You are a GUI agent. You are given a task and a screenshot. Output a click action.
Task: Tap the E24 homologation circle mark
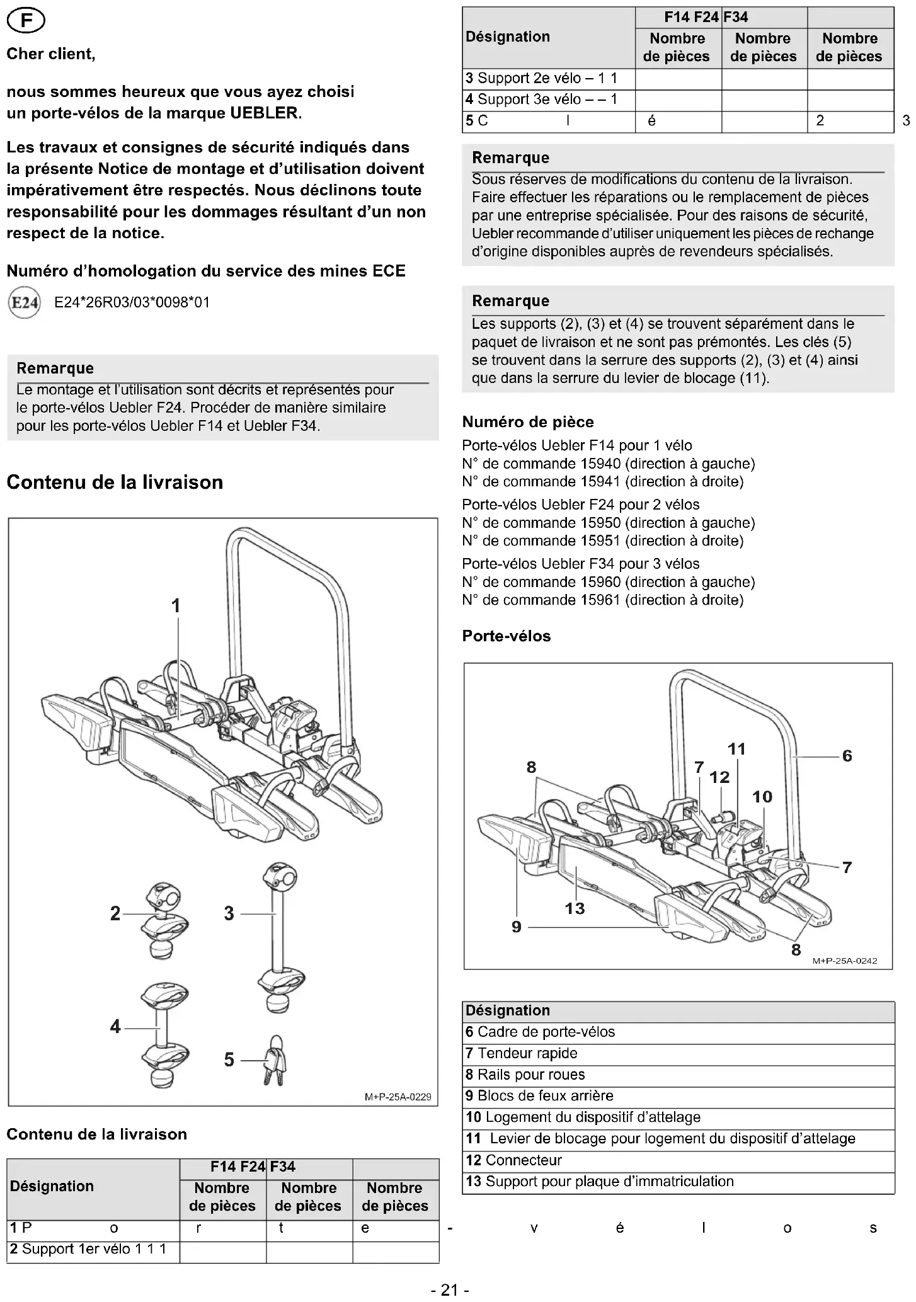point(25,303)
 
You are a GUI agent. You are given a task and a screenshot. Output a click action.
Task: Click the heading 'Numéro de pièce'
point(528,422)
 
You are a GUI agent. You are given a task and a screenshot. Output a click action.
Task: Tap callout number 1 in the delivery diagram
point(176,606)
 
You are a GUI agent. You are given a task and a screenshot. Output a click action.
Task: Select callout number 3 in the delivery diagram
point(229,913)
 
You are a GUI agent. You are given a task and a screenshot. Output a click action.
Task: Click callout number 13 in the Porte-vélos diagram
point(575,908)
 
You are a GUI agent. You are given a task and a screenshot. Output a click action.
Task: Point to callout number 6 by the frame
point(847,756)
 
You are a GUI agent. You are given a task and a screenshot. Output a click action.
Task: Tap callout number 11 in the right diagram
point(736,749)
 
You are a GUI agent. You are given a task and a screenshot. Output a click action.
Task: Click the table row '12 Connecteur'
point(513,1160)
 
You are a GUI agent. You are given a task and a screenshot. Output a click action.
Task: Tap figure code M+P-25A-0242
point(844,961)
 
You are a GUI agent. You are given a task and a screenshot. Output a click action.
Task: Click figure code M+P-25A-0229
point(398,1097)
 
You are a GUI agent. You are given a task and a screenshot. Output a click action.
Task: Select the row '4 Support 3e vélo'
point(541,100)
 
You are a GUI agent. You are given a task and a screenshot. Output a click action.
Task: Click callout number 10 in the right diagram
point(762,797)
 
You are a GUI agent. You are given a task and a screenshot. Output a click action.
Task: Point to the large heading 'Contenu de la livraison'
point(115,483)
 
